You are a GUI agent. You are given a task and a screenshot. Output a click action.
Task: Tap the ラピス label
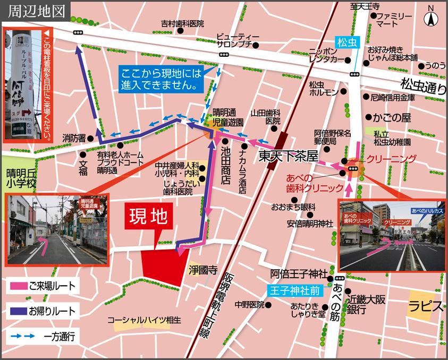point(426,306)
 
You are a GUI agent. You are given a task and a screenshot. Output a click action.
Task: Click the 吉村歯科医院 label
point(182,23)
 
